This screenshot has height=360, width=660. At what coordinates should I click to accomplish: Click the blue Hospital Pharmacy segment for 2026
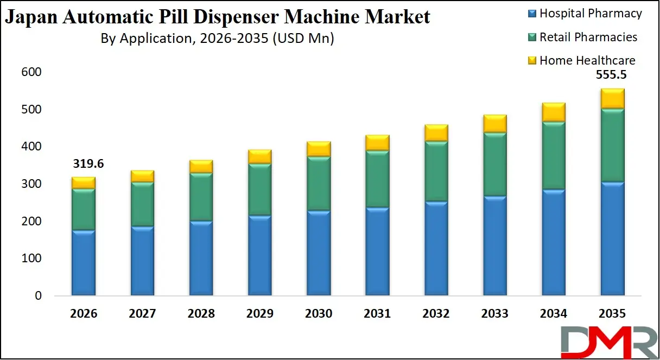(x=83, y=263)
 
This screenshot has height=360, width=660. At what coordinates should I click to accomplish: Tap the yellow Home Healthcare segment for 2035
(x=612, y=98)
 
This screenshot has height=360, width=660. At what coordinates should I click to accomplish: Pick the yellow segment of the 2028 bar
(x=201, y=166)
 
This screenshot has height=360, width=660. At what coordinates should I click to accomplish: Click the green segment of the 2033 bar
(x=494, y=164)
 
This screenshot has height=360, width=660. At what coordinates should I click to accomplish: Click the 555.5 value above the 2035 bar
(x=612, y=77)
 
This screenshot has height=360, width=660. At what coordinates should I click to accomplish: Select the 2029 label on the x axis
(x=259, y=314)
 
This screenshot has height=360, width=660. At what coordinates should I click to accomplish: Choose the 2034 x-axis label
(x=553, y=314)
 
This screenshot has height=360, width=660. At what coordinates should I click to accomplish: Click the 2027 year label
(x=142, y=314)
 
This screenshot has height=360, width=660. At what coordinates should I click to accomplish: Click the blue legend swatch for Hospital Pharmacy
(x=533, y=14)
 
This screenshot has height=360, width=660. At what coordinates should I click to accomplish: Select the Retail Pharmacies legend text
(x=588, y=37)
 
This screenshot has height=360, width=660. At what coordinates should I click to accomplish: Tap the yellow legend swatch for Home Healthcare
(x=533, y=60)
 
